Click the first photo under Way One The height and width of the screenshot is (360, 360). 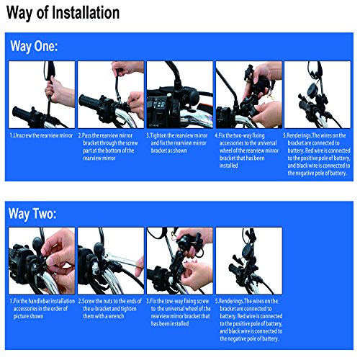[40, 94]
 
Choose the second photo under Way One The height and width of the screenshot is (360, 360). [109, 94]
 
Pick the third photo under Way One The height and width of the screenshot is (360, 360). [179, 94]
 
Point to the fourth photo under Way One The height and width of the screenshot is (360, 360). [248, 94]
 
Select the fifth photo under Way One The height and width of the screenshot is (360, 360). [317, 94]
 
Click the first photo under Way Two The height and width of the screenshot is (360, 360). [40, 260]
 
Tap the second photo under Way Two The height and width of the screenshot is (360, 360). [109, 260]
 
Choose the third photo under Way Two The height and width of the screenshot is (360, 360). [179, 260]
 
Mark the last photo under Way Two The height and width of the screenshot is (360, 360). [248, 260]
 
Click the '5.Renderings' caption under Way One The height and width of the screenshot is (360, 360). [317, 153]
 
